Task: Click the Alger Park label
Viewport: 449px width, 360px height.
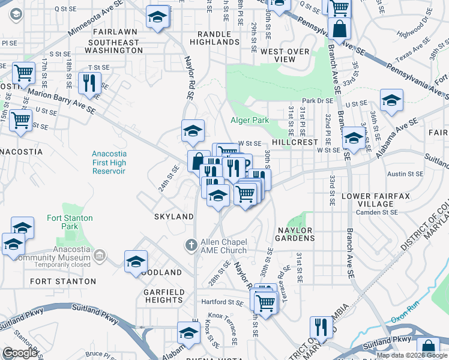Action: pos(250,120)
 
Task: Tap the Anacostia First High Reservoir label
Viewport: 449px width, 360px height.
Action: pos(109,162)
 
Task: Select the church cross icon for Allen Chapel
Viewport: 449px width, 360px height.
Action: pos(191,244)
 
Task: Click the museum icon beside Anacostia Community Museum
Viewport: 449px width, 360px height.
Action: pos(100,256)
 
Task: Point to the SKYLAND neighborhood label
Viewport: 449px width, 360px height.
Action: pos(173,216)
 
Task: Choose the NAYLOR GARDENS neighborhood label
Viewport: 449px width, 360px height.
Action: pos(295,234)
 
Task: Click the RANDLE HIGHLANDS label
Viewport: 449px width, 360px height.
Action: pos(214,37)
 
